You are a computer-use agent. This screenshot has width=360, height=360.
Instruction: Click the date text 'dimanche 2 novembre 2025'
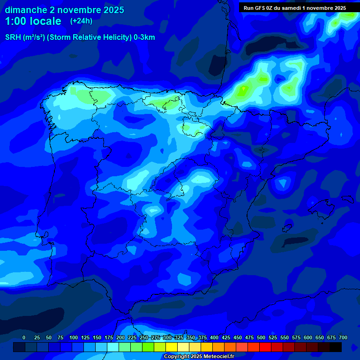(x=64, y=10)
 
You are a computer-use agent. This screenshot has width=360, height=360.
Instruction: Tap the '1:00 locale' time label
(x=33, y=21)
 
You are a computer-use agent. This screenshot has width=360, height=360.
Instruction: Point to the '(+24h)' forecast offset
(x=81, y=21)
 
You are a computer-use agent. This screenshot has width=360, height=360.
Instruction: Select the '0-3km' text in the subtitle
(x=144, y=37)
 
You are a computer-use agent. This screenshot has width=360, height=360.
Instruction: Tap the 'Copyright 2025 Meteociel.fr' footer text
(x=199, y=356)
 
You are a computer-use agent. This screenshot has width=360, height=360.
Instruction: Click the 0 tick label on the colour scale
(x=24, y=337)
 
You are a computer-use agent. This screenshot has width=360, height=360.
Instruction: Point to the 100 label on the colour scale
(x=74, y=337)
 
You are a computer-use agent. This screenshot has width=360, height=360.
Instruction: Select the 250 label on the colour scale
(x=144, y=337)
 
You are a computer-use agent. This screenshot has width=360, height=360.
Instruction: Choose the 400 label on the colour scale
(x=214, y=337)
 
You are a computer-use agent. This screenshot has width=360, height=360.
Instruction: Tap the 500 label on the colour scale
(x=261, y=337)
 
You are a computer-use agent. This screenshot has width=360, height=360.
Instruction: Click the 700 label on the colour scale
(x=343, y=337)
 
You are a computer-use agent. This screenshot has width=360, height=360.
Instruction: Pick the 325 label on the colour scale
(x=179, y=337)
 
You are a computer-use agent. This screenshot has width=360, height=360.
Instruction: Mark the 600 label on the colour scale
(x=308, y=337)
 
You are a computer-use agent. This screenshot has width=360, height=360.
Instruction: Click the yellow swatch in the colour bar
(x=172, y=347)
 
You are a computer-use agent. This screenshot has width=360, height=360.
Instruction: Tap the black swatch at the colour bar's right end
(x=336, y=347)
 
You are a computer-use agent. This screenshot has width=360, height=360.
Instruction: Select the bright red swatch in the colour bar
(x=265, y=347)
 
